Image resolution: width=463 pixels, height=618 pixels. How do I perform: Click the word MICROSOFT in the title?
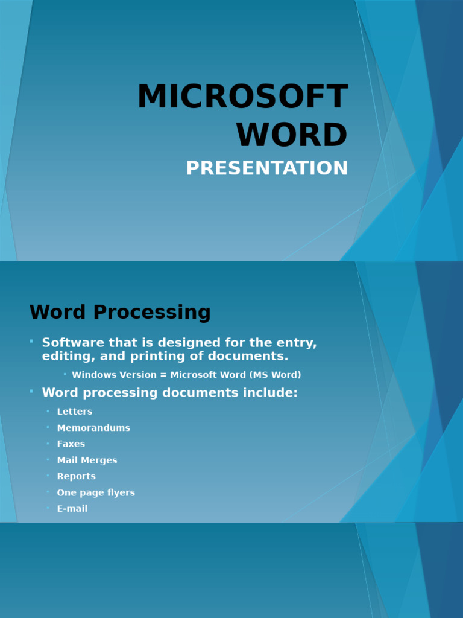pyautogui.click(x=242, y=97)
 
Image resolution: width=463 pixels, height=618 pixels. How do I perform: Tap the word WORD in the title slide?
pyautogui.click(x=292, y=135)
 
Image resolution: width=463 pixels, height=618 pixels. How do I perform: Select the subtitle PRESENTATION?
pyautogui.click(x=267, y=168)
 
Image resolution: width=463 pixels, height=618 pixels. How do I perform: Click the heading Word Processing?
pyautogui.click(x=120, y=313)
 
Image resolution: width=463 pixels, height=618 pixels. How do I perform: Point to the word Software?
pyautogui.click(x=66, y=343)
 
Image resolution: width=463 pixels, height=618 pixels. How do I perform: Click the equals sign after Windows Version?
pyautogui.click(x=163, y=375)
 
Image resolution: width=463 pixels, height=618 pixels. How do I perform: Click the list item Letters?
pyautogui.click(x=75, y=412)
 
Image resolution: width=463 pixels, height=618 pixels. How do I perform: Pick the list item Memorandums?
pyautogui.click(x=93, y=428)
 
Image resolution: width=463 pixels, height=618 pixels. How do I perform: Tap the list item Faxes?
pyautogui.click(x=71, y=444)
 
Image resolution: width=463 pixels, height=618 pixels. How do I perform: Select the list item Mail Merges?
pyautogui.click(x=87, y=460)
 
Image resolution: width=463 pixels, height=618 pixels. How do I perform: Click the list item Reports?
pyautogui.click(x=76, y=476)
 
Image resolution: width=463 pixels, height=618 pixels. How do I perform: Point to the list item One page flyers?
pyautogui.click(x=96, y=492)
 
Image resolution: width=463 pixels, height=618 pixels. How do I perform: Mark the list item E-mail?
pyautogui.click(x=72, y=509)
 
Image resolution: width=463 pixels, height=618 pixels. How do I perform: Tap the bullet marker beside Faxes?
pyautogui.click(x=48, y=444)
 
